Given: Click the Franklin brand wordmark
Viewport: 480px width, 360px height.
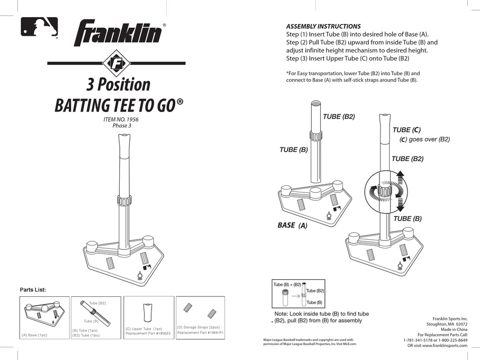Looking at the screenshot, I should click(118, 34).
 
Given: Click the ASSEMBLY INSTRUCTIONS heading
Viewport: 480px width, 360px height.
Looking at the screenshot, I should click(323, 26).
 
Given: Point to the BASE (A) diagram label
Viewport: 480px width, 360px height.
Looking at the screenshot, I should click(293, 226).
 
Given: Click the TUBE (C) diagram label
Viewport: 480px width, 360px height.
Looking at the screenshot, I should click(407, 130).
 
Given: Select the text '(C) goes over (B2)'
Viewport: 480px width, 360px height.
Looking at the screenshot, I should click(424, 139).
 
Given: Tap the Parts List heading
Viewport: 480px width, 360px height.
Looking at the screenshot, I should click(33, 290).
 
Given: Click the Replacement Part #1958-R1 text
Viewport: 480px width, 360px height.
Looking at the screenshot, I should click(200, 333).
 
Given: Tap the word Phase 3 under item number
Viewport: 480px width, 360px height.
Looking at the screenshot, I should click(122, 126).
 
